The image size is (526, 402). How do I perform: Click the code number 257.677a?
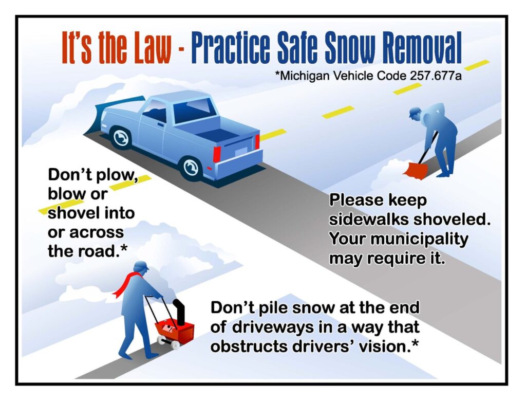click(436, 76)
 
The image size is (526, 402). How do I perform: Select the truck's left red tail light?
click(217, 155)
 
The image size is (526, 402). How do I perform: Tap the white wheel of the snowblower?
click(175, 344)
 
